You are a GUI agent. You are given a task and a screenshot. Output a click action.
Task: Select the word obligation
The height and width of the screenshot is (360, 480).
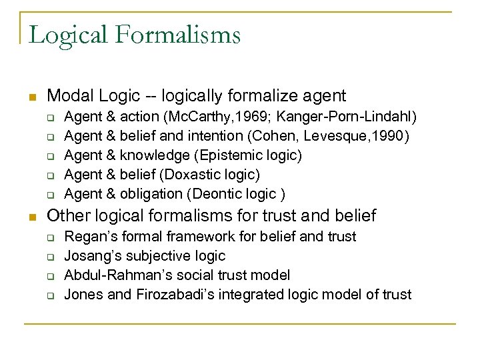(x=151, y=194)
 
